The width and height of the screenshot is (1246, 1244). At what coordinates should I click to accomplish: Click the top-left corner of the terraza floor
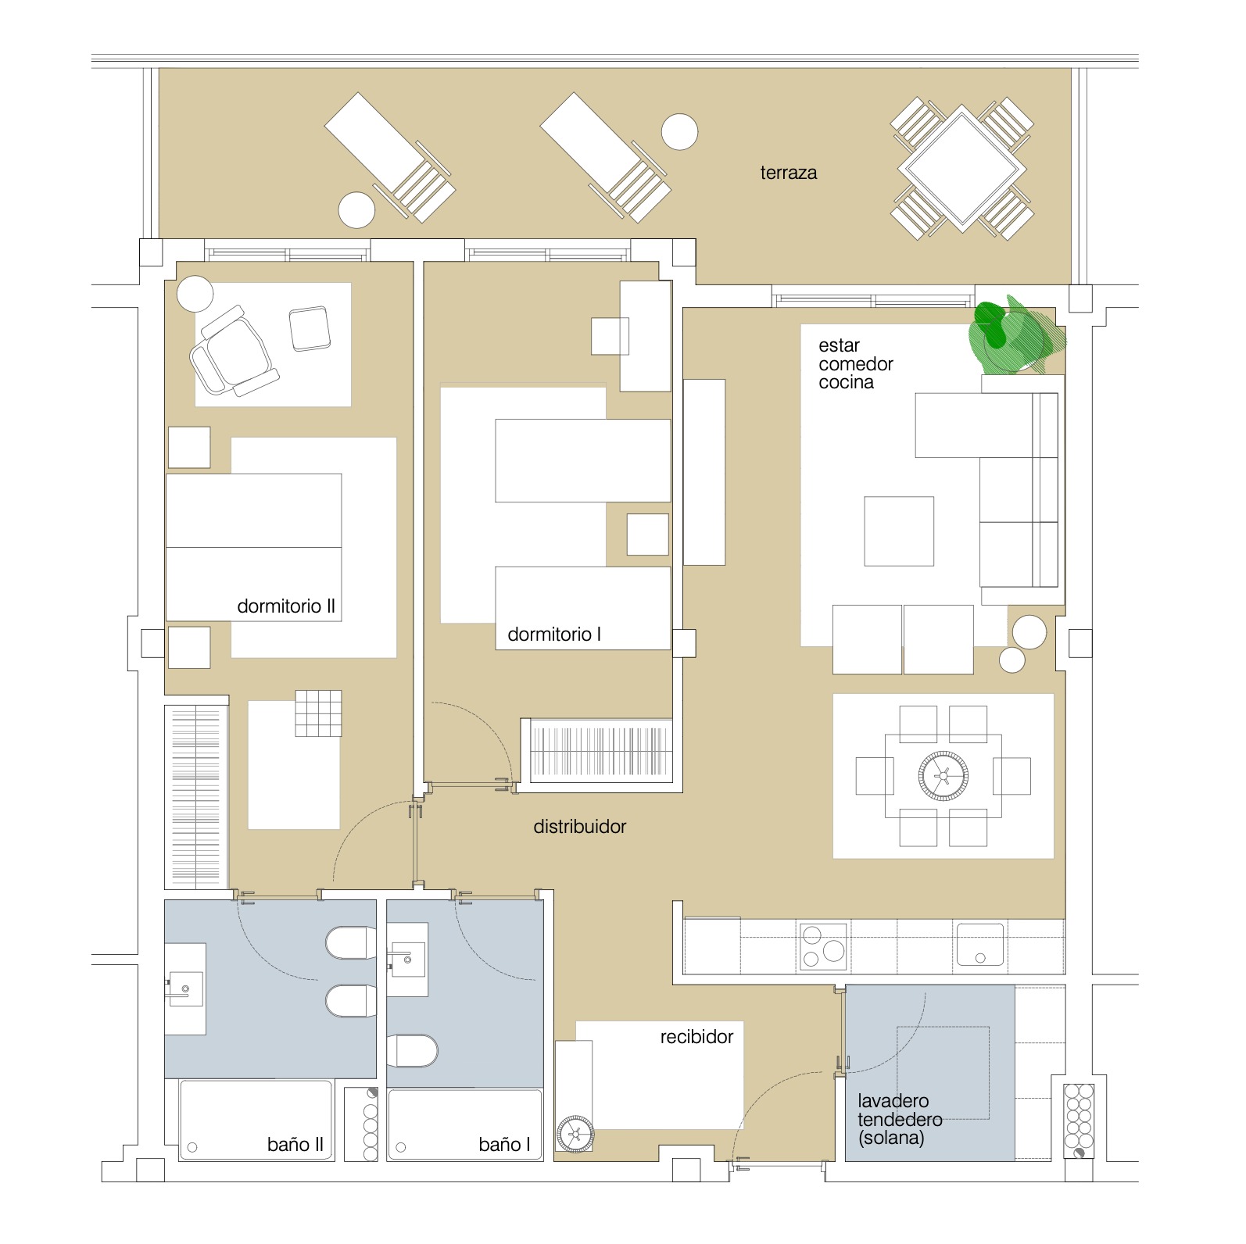tap(159, 68)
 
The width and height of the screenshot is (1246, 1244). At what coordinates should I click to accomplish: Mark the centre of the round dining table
tap(943, 776)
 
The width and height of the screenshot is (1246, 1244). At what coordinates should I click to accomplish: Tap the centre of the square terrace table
tap(961, 168)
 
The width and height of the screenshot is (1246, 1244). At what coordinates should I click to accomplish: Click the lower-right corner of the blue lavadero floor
tap(1015, 1160)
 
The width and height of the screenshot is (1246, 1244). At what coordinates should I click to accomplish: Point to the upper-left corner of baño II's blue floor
tap(165, 900)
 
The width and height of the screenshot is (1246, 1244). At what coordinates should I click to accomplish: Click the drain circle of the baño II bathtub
tap(192, 1148)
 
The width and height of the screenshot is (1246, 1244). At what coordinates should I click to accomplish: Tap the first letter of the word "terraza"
tap(763, 173)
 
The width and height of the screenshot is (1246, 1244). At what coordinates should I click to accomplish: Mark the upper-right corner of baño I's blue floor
tap(543, 900)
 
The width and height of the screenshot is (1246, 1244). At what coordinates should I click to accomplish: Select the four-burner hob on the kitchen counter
tap(823, 946)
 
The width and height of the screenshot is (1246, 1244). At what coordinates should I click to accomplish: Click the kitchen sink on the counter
tap(980, 945)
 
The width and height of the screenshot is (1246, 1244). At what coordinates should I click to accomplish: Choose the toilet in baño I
tap(412, 1051)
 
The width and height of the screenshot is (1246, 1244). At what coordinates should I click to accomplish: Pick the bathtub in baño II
tap(256, 1120)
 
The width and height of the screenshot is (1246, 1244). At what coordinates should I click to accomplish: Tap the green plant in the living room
tap(1015, 334)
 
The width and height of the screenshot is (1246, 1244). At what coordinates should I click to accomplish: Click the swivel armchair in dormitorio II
tap(233, 350)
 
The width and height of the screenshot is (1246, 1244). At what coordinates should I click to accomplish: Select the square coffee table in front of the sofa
tap(899, 531)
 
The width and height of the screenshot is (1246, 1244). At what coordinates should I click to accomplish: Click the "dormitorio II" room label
tap(286, 606)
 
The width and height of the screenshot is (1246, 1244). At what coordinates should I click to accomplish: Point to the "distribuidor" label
tap(580, 827)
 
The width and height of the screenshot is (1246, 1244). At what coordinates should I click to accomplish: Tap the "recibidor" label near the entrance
tap(696, 1037)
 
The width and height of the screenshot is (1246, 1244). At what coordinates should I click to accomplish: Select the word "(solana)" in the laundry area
tap(891, 1139)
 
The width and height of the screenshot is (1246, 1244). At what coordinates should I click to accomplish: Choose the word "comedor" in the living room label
tap(856, 364)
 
